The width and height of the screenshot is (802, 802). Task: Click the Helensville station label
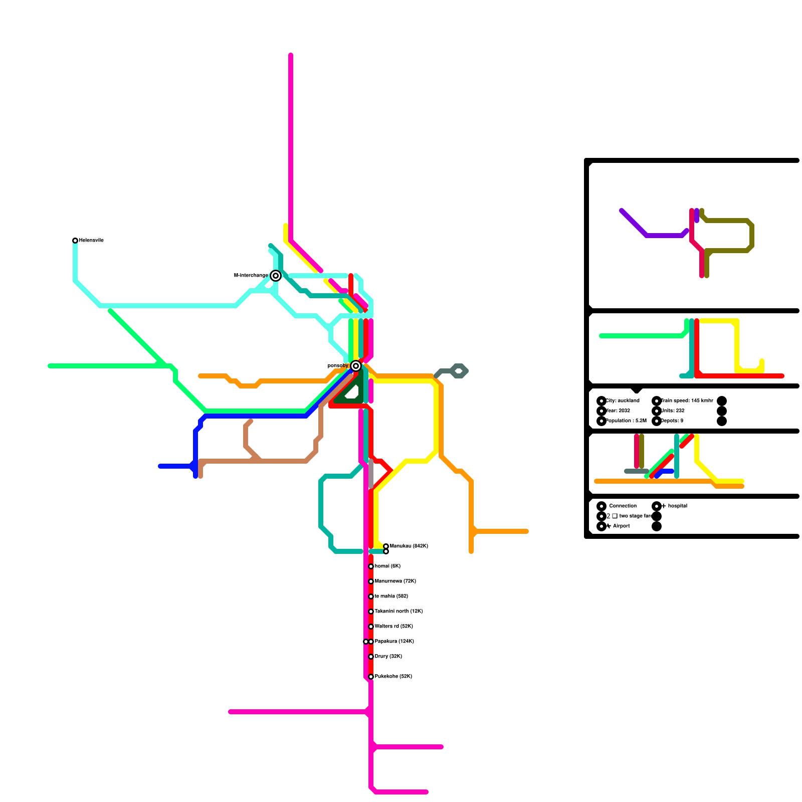pos(91,241)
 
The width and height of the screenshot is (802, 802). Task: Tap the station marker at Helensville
pos(75,241)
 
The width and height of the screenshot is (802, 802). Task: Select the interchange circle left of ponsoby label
pos(356,366)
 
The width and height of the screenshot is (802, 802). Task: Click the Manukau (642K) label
pos(409,546)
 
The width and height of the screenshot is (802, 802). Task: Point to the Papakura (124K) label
pos(394,642)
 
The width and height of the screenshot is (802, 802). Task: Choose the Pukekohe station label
pos(393,677)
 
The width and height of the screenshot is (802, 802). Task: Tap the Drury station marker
pos(371,657)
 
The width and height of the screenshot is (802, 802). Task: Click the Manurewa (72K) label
pos(395,581)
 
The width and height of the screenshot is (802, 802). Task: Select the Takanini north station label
pos(398,612)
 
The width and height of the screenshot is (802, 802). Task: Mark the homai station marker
pos(371,566)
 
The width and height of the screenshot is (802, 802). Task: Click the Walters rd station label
pos(393,627)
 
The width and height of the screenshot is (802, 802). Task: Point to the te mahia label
pos(391,596)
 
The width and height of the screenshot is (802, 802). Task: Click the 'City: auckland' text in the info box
pos(623,401)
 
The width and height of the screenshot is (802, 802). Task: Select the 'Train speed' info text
pos(687,401)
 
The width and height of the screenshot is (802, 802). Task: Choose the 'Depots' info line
pos(672,421)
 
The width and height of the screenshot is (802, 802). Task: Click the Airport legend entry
pos(621,526)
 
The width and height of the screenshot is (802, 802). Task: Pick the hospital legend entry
pos(677,506)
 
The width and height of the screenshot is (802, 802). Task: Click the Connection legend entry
pos(623,506)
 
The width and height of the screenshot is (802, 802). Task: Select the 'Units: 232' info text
pos(672,411)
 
